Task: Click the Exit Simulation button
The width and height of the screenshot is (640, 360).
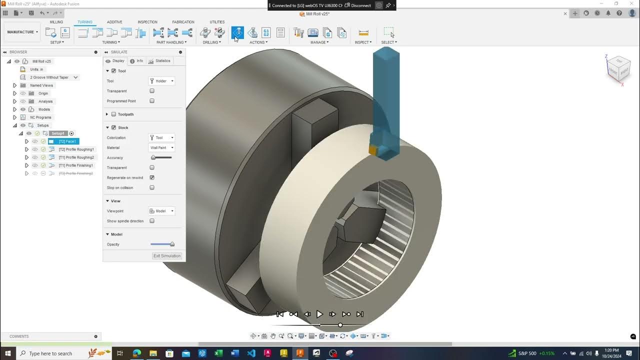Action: (167, 256)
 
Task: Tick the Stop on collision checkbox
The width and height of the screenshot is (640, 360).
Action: (152, 188)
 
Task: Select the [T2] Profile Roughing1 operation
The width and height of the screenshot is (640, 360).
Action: (76, 149)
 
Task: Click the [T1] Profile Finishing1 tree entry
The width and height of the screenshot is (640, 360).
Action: (75, 165)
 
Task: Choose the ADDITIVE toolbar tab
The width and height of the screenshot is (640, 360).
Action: (114, 22)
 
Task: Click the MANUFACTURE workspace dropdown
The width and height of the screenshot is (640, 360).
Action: (22, 32)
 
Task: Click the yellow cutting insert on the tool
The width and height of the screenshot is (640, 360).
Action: (373, 149)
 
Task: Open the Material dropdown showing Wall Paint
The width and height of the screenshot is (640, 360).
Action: (162, 148)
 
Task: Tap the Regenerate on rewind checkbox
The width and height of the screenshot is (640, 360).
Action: (152, 178)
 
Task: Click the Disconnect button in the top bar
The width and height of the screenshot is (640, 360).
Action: (360, 5)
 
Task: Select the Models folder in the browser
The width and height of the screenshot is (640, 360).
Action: (44, 109)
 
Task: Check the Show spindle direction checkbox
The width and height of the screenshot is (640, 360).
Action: (152, 221)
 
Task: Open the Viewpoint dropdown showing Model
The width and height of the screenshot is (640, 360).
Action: (162, 211)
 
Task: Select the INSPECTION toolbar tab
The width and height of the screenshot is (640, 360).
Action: (147, 22)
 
